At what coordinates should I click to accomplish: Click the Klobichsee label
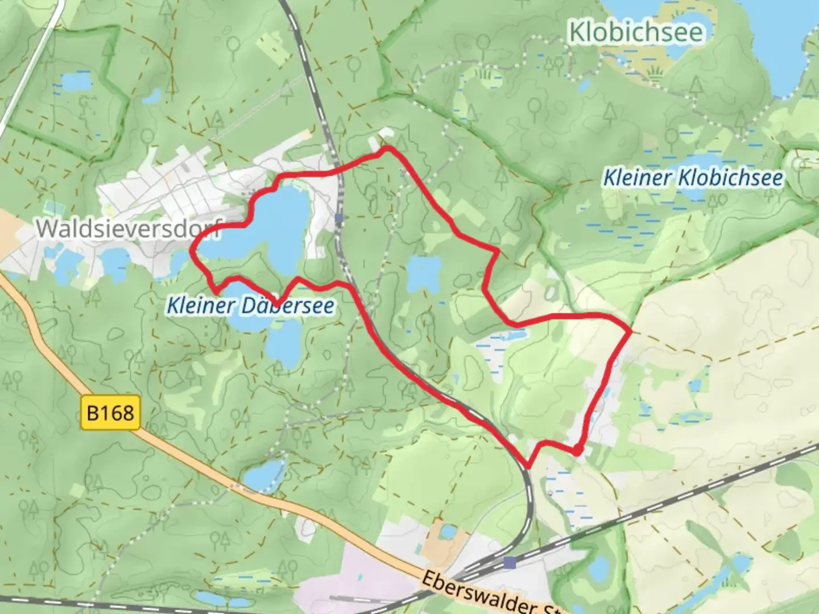click(636, 32)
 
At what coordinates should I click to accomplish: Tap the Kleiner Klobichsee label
click(692, 177)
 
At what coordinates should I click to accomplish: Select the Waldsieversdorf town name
click(128, 229)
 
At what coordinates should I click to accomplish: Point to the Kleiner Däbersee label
click(250, 306)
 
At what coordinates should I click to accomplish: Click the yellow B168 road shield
click(110, 412)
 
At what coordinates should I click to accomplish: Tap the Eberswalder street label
click(483, 594)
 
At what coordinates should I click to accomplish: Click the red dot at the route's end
click(577, 451)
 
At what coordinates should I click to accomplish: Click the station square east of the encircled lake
click(339, 218)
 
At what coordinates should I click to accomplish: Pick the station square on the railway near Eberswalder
click(510, 563)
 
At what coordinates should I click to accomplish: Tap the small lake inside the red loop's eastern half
click(424, 273)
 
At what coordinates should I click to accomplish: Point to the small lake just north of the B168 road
click(263, 475)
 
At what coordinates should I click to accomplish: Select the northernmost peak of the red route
click(388, 149)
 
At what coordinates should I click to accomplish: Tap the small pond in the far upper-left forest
click(76, 82)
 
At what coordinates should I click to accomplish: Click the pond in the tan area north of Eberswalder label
click(448, 532)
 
